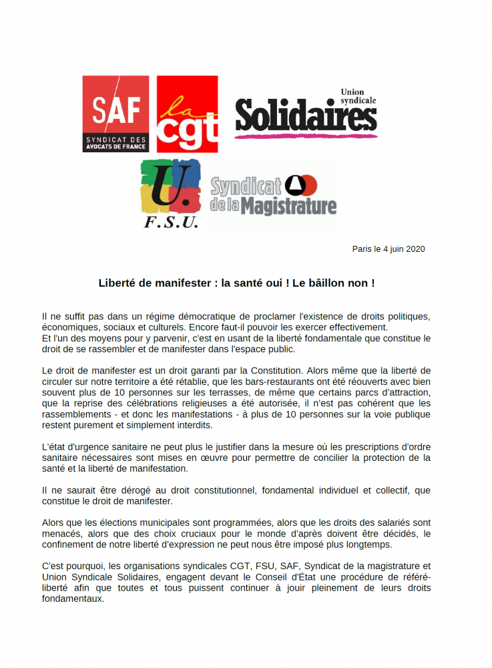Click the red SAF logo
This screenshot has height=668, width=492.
(115, 114)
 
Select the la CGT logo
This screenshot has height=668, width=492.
(187, 114)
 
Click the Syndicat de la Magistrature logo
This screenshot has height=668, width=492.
(273, 195)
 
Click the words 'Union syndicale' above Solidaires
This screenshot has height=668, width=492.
(358, 96)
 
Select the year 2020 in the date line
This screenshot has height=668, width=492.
(414, 249)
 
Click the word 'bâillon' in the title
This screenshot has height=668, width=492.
(326, 283)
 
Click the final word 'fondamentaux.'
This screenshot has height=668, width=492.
(73, 599)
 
